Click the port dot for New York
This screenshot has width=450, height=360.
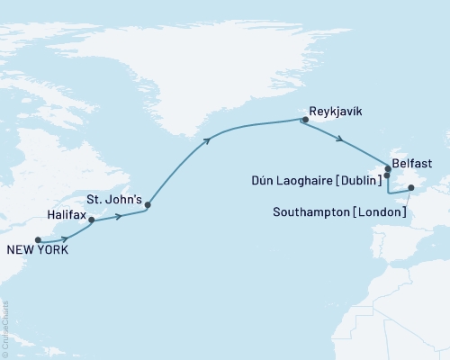[38, 239]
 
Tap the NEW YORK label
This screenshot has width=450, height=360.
[37, 251]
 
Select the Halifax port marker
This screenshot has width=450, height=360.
[92, 219]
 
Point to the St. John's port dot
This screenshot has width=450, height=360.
[148, 205]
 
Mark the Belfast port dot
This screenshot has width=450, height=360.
[388, 168]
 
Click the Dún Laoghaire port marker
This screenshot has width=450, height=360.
[386, 176]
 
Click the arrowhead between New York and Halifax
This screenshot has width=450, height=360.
[66, 238]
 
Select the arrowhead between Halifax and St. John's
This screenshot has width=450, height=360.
[119, 216]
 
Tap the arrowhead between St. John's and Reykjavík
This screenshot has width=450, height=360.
[208, 139]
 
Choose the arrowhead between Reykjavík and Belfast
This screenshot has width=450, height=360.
[338, 139]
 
